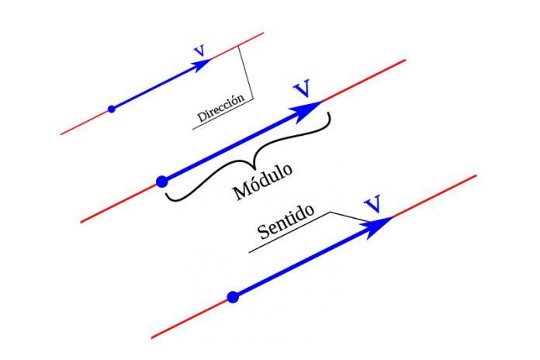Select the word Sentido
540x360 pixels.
pyautogui.click(x=286, y=224)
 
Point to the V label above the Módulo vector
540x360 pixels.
pyautogui.click(x=303, y=88)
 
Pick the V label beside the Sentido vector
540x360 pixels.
pyautogui.click(x=373, y=204)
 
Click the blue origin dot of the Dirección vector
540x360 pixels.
pyautogui.click(x=112, y=109)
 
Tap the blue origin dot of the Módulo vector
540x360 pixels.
pyautogui.click(x=161, y=181)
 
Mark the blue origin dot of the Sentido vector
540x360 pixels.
pyautogui.click(x=232, y=296)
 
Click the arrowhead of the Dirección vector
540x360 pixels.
pyautogui.click(x=203, y=65)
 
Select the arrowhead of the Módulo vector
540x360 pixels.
pyautogui.click(x=310, y=108)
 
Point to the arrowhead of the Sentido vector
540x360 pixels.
pyautogui.click(x=381, y=223)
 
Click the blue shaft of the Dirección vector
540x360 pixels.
pyautogui.click(x=155, y=88)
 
